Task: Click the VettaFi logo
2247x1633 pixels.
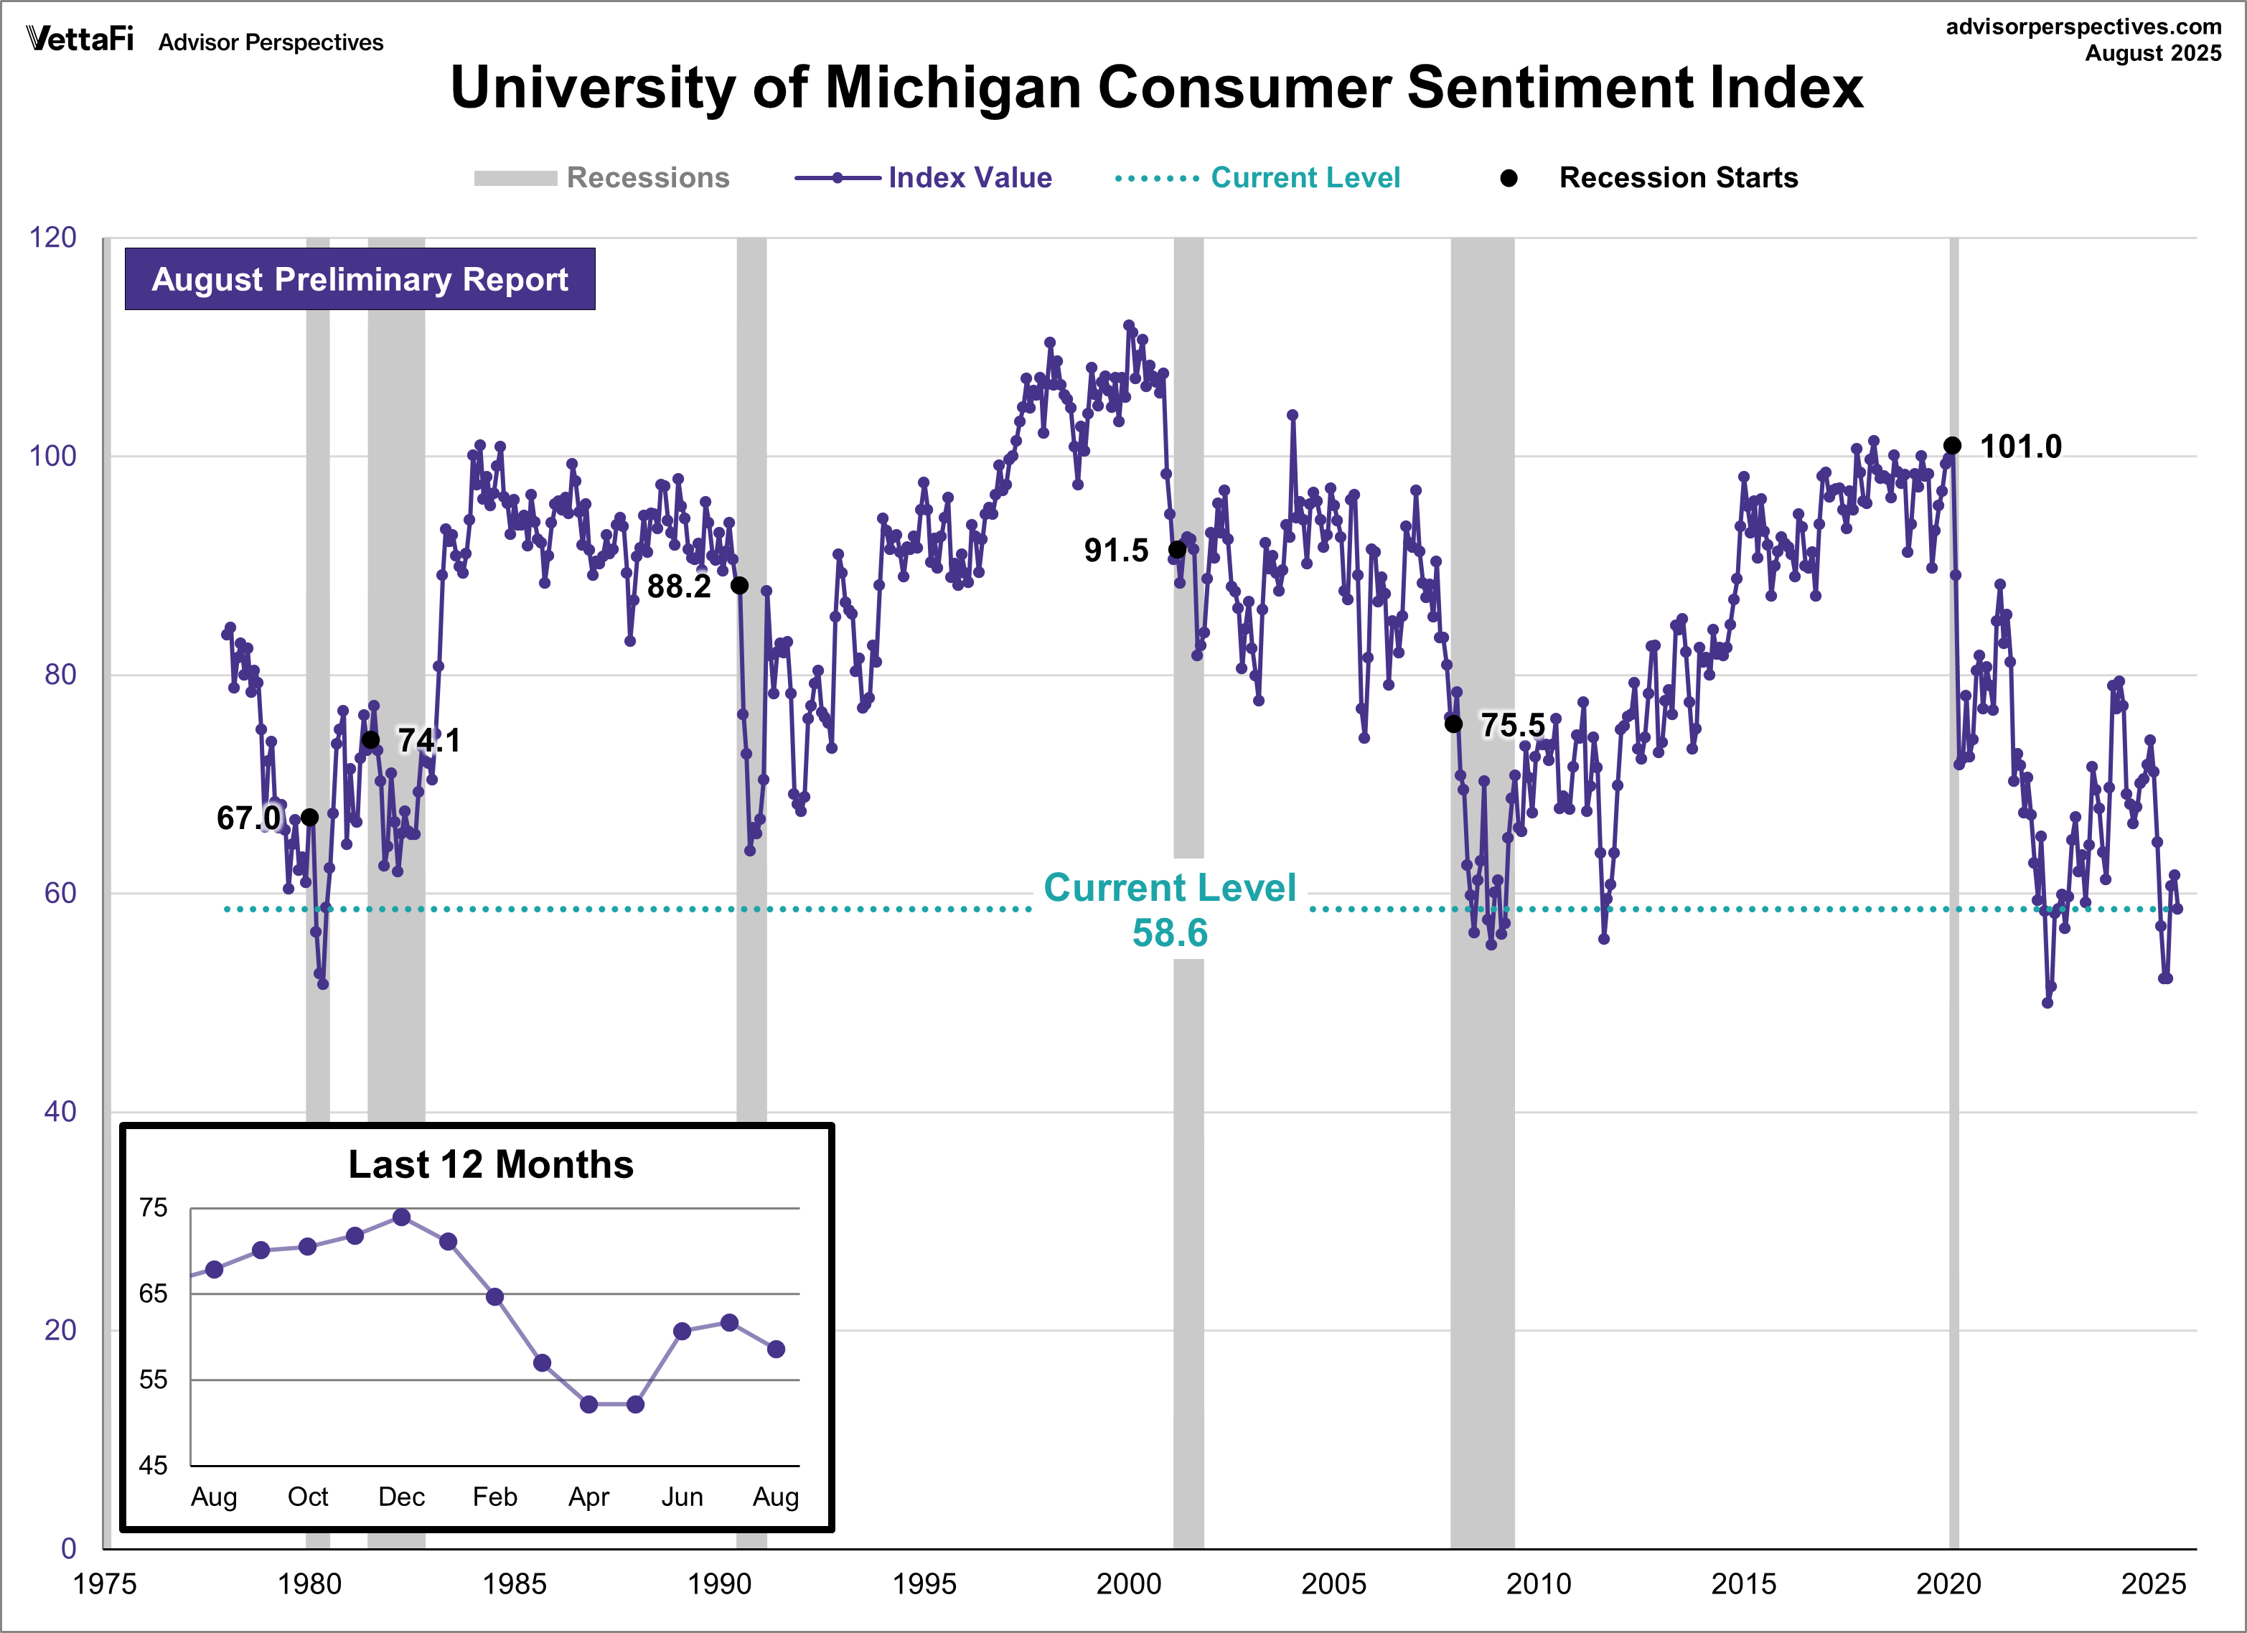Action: [79, 39]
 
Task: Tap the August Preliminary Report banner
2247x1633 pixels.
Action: [360, 279]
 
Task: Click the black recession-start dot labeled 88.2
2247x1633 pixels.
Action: [739, 586]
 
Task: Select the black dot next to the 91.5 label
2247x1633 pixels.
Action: [1177, 550]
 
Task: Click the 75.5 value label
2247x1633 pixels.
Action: [1512, 725]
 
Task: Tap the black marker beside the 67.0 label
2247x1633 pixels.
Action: [309, 818]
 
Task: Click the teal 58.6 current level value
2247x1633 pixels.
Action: [1169, 933]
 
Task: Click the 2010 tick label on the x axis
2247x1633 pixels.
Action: [1538, 1583]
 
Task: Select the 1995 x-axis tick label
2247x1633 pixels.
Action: [924, 1583]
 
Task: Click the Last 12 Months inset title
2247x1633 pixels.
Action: [490, 1164]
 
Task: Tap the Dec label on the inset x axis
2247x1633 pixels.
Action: [401, 1496]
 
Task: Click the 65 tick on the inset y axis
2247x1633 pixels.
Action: [154, 1293]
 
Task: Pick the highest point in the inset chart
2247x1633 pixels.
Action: [401, 1217]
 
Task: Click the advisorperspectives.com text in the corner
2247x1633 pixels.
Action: [2083, 27]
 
